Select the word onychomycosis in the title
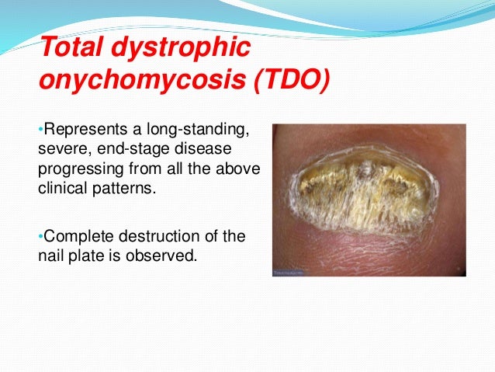[x=129, y=81]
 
